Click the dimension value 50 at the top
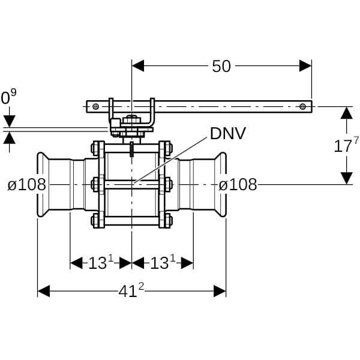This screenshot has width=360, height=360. pyautogui.click(x=221, y=67)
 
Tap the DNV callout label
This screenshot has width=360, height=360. pyautogui.click(x=227, y=133)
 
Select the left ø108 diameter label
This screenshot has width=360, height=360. pyautogui.click(x=27, y=184)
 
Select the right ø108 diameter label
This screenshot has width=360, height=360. pyautogui.click(x=238, y=184)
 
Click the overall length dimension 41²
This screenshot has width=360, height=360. pyautogui.click(x=132, y=291)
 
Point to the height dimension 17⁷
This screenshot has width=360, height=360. pyautogui.click(x=347, y=145)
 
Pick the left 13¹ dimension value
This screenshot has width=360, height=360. pyautogui.click(x=101, y=263)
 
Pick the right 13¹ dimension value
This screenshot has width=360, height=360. pyautogui.click(x=163, y=263)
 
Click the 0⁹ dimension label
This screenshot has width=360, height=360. pyautogui.click(x=8, y=97)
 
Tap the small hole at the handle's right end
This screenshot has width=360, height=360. pyautogui.click(x=303, y=107)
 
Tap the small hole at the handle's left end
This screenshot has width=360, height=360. pyautogui.click(x=95, y=107)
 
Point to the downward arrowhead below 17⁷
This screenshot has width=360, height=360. pyautogui.click(x=346, y=178)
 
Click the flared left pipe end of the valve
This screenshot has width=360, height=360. pyautogui.click(x=43, y=184)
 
